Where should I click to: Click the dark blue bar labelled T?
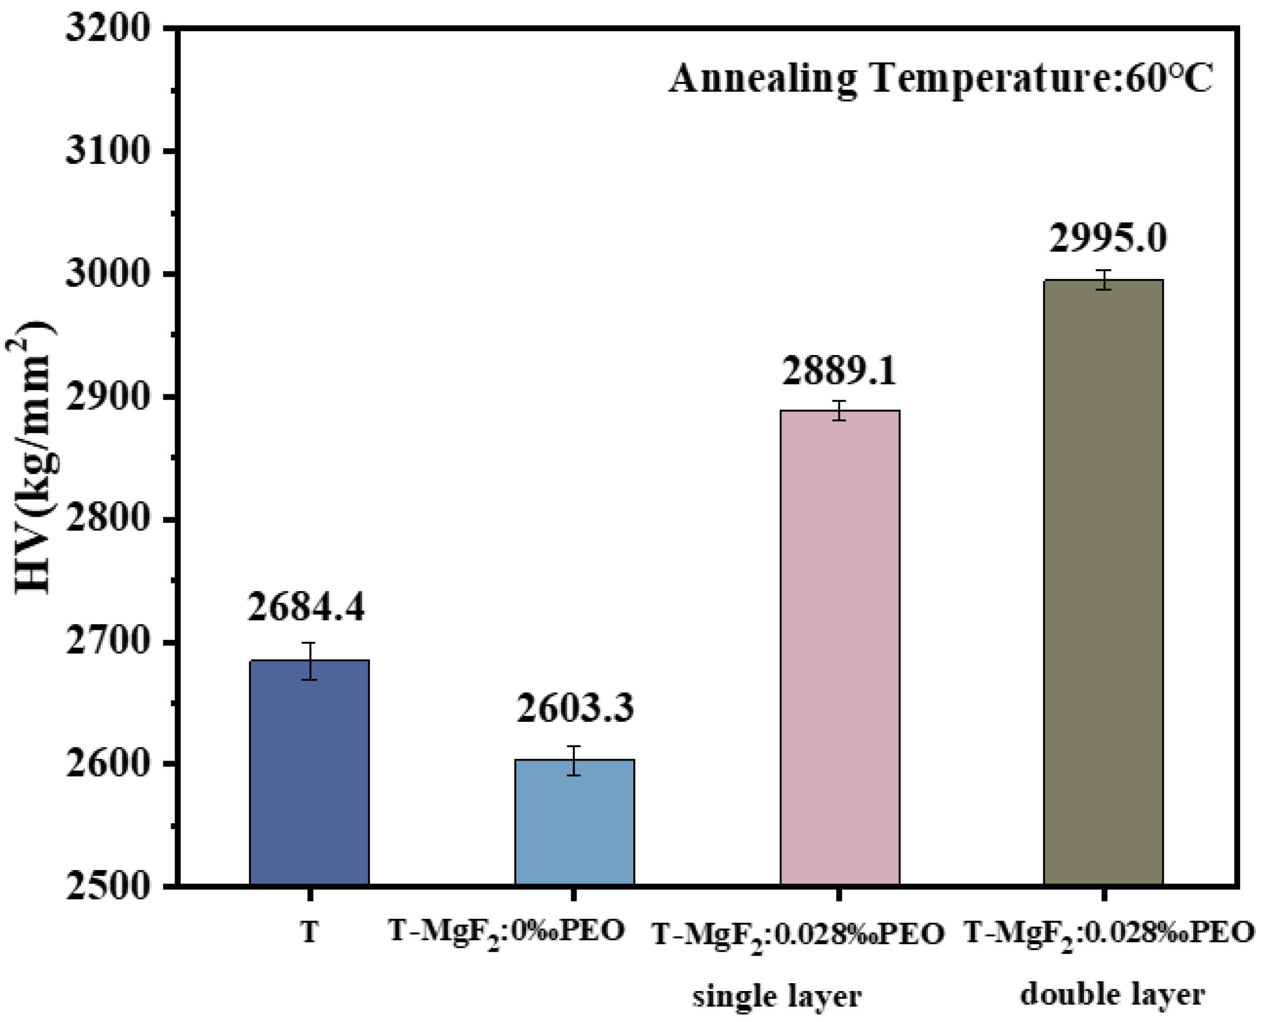[309, 772]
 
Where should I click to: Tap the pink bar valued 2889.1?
[839, 647]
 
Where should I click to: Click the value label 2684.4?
[306, 606]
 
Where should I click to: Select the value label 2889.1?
[839, 371]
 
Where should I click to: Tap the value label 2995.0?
[1107, 238]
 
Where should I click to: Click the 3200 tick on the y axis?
[106, 28]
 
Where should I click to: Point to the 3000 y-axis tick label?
[106, 274]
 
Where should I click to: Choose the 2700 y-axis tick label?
[106, 642]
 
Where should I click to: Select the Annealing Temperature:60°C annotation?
[940, 78]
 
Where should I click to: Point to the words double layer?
[1112, 994]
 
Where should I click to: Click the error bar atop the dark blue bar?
[310, 660]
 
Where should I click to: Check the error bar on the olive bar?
[1104, 279]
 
